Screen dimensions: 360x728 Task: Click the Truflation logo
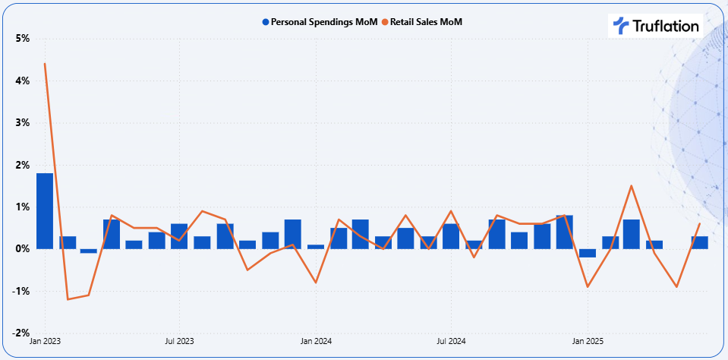(655, 26)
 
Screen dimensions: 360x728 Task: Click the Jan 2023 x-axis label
(45, 343)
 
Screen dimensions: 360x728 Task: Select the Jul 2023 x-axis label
(179, 343)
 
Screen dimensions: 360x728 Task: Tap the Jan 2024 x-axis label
(315, 343)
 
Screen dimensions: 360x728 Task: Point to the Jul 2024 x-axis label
(451, 343)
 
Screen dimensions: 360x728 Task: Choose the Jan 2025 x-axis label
(587, 343)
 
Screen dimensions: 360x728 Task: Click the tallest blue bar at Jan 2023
(45, 211)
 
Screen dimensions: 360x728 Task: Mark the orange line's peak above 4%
(45, 64)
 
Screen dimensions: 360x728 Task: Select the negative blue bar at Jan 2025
(587, 253)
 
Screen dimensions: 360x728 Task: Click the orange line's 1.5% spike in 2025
(632, 186)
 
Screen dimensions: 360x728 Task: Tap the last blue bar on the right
(699, 243)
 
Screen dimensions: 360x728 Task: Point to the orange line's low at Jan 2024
(315, 283)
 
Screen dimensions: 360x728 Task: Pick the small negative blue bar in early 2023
(89, 251)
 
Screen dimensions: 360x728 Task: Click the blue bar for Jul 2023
(179, 236)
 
